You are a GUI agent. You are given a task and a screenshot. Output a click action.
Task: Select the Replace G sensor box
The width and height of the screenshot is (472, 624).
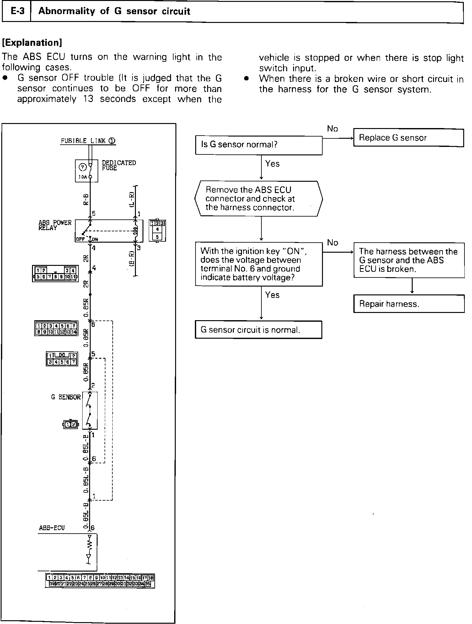point(408,138)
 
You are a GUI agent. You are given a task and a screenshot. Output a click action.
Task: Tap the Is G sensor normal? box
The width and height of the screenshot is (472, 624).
point(259,145)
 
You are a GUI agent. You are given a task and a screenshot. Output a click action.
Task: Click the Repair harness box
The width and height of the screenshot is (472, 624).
point(409,304)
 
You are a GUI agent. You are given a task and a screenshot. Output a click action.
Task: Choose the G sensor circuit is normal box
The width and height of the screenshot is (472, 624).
point(258,330)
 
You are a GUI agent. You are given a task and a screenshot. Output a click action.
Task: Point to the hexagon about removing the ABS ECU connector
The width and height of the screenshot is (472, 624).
point(258,199)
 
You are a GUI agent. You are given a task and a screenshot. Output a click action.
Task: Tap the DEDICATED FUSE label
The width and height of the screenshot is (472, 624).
point(119,165)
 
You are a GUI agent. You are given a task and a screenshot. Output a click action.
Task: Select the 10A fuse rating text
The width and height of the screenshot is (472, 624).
point(82,177)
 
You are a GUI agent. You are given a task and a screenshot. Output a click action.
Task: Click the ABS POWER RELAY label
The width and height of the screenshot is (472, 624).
point(55,225)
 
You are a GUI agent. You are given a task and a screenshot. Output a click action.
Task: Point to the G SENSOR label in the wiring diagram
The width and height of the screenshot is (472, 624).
point(66,397)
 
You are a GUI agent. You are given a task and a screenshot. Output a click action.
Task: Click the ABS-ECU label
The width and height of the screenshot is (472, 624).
point(52,528)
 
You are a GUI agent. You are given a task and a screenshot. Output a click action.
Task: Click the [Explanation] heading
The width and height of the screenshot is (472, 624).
point(32,42)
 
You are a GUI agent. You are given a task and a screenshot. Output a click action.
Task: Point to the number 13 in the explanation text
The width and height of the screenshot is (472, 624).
point(88,99)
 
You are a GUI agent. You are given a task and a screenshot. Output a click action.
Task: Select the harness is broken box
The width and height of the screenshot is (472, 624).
point(409,260)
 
